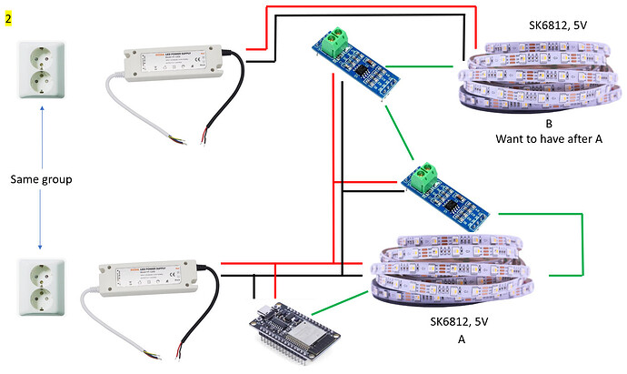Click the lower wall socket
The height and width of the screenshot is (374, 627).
(x=41, y=288)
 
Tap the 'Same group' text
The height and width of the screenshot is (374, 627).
(x=40, y=180)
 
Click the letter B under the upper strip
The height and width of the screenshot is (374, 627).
(x=549, y=123)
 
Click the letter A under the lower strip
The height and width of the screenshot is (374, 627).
(x=461, y=338)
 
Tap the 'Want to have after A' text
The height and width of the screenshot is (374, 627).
(x=549, y=139)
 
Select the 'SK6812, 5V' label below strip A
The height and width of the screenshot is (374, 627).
(x=462, y=321)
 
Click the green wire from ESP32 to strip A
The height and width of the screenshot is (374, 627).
(x=346, y=299)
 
